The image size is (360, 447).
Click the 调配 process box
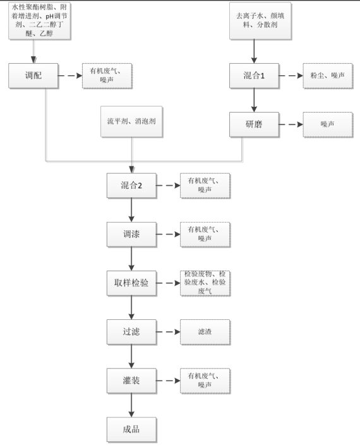click(33, 75)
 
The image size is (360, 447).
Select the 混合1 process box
click(254, 75)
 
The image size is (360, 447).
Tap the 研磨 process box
click(254, 125)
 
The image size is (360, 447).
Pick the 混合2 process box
click(131, 185)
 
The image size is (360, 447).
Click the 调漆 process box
click(131, 234)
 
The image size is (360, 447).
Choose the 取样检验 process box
click(131, 283)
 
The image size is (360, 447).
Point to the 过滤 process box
click(131, 332)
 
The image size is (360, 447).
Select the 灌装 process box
click(131, 381)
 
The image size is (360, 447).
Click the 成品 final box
click(131, 429)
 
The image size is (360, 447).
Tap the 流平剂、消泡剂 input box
click(131, 121)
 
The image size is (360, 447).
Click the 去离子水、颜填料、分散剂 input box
click(260, 20)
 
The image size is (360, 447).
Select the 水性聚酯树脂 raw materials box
click(40, 20)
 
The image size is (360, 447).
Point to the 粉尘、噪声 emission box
click(328, 75)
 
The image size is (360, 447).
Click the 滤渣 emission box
click(205, 332)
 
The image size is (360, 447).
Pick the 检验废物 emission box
click(205, 283)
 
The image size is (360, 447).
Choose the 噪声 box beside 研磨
click(328, 125)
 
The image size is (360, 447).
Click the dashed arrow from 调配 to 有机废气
click(70, 75)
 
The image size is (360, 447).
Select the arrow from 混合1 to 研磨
click(254, 100)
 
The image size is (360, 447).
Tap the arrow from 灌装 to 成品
click(131, 405)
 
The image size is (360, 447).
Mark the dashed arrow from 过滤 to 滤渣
click(169, 332)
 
